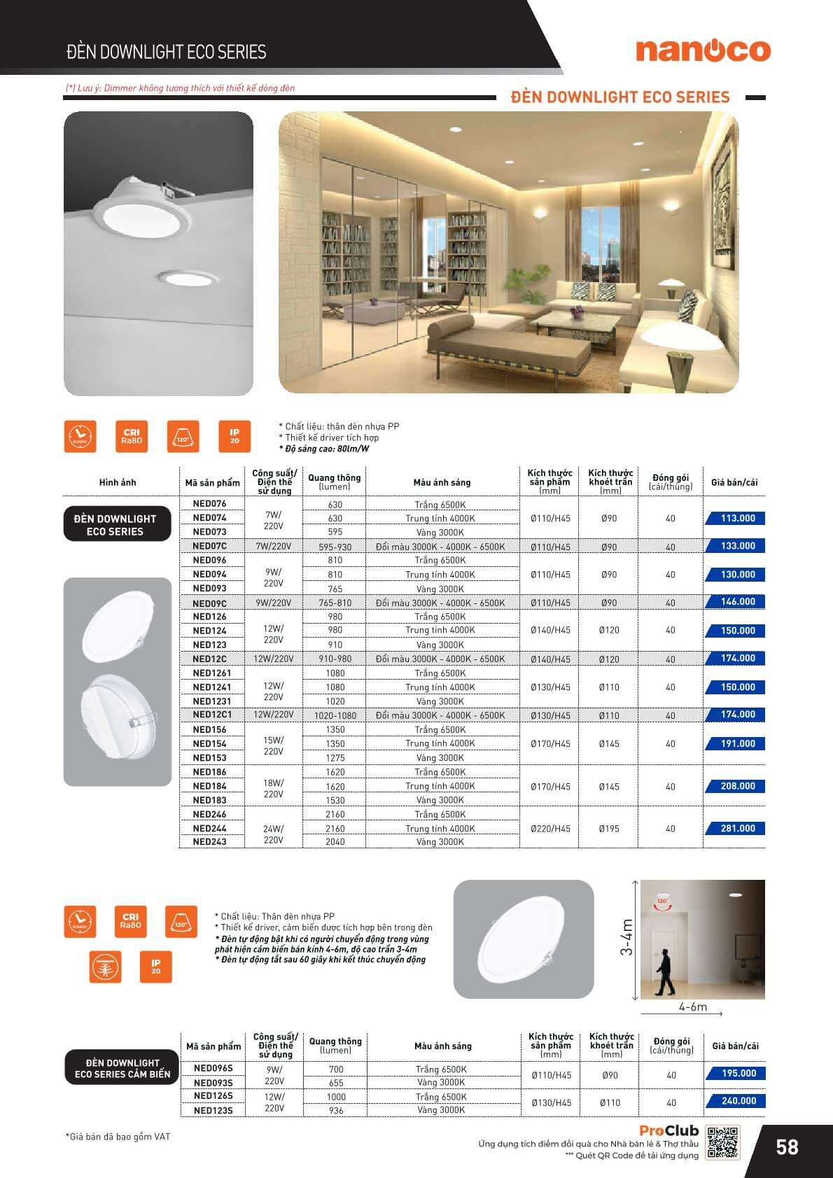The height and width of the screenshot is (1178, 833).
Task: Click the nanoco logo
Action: point(702,50)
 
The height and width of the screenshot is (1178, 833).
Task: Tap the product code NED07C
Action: point(209,546)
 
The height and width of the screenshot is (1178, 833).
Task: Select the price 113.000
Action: point(737,519)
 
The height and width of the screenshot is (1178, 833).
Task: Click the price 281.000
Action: point(737,829)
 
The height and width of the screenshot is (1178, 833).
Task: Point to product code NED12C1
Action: point(212,715)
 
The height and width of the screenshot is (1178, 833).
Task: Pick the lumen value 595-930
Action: point(335,547)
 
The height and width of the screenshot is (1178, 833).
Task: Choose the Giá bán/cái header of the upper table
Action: point(734,482)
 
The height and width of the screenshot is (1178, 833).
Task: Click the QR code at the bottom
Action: point(722,1142)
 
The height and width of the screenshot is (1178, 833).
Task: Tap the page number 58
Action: point(787,1147)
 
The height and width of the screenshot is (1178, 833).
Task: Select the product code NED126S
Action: point(213,1096)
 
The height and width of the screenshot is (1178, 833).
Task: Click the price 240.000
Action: point(738,1101)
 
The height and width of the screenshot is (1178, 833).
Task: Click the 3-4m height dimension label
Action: point(627,938)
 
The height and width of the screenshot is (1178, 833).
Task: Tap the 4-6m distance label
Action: point(692,1007)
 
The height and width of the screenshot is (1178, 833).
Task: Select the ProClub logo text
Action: point(668,1130)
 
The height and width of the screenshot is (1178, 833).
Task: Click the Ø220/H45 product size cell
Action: point(550,829)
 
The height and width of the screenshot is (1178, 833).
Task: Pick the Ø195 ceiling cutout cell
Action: point(608,829)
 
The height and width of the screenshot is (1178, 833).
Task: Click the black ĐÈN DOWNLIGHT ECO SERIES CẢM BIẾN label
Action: point(122,1068)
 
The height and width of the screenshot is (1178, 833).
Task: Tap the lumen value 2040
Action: point(335,842)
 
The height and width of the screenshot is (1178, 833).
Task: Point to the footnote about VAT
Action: point(118,1137)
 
